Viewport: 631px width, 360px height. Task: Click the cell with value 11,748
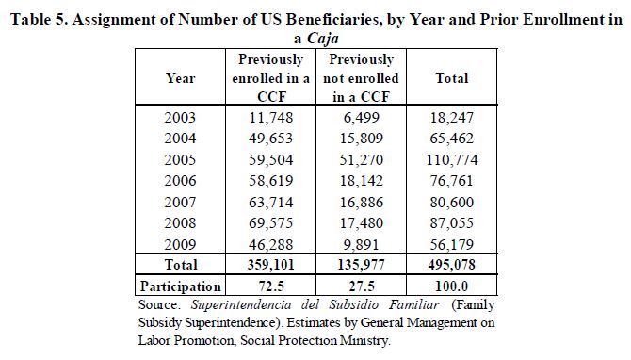point(271,117)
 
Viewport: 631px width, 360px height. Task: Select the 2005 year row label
point(180,160)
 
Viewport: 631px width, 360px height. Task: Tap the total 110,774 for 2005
point(452,160)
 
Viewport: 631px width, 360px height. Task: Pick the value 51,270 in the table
point(362,160)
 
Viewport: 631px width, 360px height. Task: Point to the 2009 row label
point(180,244)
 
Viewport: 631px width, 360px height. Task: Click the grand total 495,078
point(452,265)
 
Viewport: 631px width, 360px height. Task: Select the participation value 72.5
point(271,286)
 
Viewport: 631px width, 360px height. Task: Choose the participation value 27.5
point(362,286)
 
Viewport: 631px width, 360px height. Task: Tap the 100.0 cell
point(452,286)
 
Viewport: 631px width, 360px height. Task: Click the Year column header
point(180,77)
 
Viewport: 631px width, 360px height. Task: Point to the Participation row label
point(180,286)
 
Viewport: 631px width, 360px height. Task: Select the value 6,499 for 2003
point(362,117)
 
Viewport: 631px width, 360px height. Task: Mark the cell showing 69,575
point(271,222)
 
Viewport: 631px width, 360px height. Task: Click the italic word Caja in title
point(323,39)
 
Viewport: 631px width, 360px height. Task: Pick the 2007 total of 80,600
point(452,202)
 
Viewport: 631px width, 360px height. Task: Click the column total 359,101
point(271,265)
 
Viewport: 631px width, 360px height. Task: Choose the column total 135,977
point(362,265)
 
